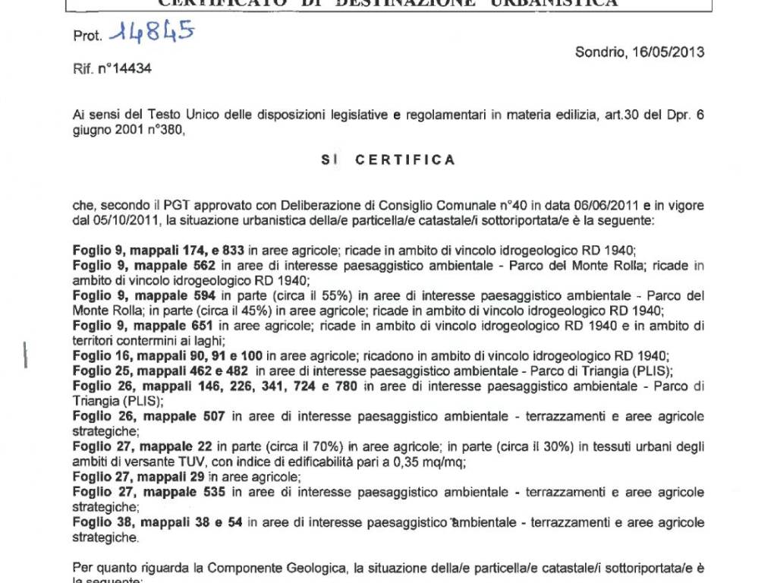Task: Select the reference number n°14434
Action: tap(122, 68)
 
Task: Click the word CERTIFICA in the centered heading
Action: tap(406, 159)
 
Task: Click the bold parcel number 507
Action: tap(212, 416)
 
